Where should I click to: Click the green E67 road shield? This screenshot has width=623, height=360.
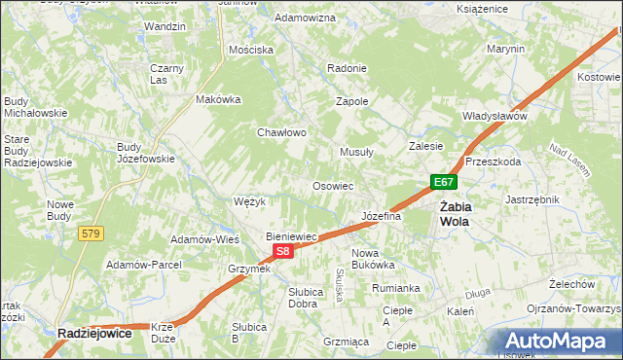pyautogui.click(x=444, y=182)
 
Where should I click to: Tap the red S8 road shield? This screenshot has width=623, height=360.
pyautogui.click(x=282, y=252)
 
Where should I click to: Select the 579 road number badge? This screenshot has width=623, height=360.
pyautogui.click(x=92, y=234)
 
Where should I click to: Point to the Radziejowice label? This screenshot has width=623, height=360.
pyautogui.click(x=94, y=332)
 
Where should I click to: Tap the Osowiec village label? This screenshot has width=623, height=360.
pyautogui.click(x=332, y=185)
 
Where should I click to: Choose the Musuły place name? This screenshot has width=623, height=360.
pyautogui.click(x=357, y=152)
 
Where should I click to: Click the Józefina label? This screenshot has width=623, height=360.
pyautogui.click(x=381, y=216)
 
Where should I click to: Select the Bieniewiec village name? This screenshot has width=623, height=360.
pyautogui.click(x=293, y=236)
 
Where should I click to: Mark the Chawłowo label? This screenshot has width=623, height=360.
pyautogui.click(x=282, y=132)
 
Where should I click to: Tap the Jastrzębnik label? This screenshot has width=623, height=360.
pyautogui.click(x=532, y=199)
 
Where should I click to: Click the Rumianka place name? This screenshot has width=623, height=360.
pyautogui.click(x=395, y=288)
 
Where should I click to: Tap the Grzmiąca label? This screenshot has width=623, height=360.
pyautogui.click(x=346, y=342)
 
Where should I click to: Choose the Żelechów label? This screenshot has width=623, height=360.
pyautogui.click(x=571, y=283)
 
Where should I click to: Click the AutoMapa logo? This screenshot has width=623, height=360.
pyautogui.click(x=559, y=342)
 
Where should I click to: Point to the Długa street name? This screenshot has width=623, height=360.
pyautogui.click(x=477, y=291)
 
